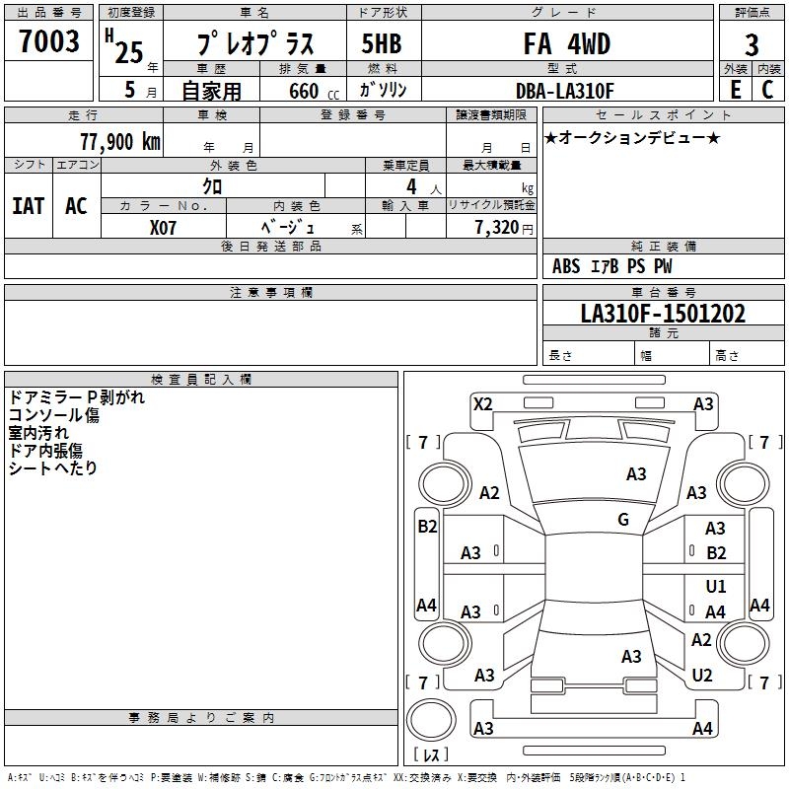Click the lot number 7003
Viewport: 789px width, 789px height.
[48, 40]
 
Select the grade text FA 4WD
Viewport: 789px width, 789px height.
[566, 43]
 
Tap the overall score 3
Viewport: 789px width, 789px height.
[752, 45]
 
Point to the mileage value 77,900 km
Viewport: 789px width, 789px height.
[120, 142]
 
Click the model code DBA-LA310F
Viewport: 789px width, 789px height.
[564, 91]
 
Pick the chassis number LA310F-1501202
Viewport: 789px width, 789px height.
[663, 314]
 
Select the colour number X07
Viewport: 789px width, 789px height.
[163, 228]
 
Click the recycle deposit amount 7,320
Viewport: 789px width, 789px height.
[497, 228]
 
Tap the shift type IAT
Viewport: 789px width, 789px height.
[29, 206]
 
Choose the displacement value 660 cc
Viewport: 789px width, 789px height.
[314, 92]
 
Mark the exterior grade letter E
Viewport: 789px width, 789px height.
[735, 90]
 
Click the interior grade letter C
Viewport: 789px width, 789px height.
[767, 90]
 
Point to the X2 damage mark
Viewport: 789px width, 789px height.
[482, 404]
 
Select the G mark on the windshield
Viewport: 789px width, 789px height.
[623, 520]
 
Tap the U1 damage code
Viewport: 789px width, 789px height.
[716, 586]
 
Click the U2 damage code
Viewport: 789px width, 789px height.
[702, 676]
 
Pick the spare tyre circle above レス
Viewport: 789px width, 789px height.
[431, 720]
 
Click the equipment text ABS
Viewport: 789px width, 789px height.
[566, 266]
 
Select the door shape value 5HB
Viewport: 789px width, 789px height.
[382, 43]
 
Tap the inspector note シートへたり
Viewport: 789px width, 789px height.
[53, 467]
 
